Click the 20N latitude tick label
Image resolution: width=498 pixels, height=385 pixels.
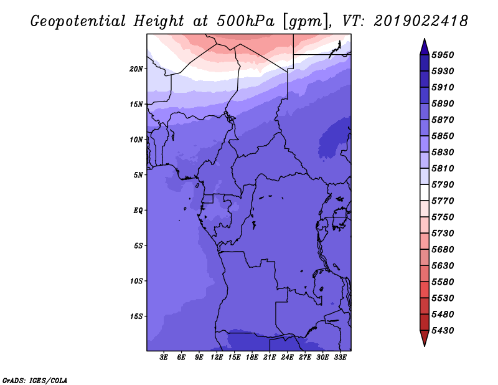(136, 69)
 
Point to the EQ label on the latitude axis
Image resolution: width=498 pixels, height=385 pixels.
(138, 211)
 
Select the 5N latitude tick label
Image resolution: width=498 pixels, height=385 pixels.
(138, 175)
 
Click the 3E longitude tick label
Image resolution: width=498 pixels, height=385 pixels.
(164, 358)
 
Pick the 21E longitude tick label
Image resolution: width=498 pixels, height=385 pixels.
(270, 358)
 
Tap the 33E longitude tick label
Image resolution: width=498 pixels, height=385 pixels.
(340, 358)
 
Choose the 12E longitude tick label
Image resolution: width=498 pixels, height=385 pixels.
(217, 358)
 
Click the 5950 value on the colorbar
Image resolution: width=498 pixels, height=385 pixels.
(443, 55)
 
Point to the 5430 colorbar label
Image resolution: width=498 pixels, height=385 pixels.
(443, 331)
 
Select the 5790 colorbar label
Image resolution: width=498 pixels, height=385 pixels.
(443, 184)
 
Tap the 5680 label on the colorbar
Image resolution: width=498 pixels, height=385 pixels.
(443, 250)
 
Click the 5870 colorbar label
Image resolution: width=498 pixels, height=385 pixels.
(443, 120)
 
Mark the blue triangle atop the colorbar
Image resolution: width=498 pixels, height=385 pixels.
(425, 48)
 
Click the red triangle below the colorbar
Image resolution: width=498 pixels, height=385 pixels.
(425, 338)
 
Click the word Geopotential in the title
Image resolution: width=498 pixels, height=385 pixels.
(78, 21)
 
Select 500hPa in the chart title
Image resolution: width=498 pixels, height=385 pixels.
(245, 21)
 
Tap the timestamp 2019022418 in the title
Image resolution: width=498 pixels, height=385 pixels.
(421, 21)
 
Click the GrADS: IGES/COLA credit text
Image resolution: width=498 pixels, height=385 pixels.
(35, 380)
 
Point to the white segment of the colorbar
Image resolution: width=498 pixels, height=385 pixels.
(425, 192)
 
